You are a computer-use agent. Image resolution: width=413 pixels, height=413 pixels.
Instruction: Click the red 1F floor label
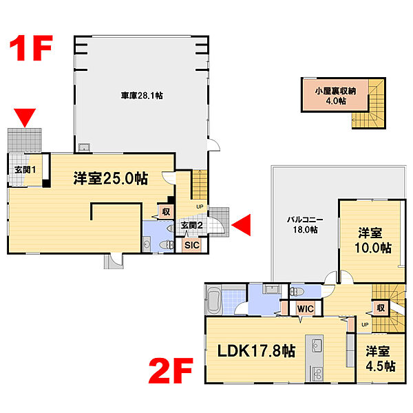click(x=31, y=48)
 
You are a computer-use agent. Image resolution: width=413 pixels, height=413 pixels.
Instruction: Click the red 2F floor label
click(x=171, y=370)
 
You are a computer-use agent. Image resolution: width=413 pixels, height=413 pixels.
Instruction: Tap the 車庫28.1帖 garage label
click(x=142, y=96)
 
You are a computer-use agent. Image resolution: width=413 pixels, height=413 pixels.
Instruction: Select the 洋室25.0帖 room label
click(x=111, y=178)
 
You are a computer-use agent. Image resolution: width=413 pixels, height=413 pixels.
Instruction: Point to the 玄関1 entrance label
click(x=25, y=170)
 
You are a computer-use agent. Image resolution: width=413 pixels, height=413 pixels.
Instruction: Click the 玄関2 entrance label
click(x=191, y=226)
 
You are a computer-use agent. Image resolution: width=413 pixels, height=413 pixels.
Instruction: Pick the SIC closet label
click(x=192, y=245)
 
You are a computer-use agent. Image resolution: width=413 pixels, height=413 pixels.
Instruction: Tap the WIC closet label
click(x=305, y=308)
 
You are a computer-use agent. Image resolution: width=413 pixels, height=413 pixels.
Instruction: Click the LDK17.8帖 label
click(x=256, y=350)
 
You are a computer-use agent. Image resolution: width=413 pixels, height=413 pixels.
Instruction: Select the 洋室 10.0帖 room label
click(x=372, y=240)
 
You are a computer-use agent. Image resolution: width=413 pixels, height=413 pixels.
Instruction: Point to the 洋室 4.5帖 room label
click(x=381, y=359)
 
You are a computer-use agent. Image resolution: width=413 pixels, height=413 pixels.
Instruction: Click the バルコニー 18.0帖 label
click(x=305, y=224)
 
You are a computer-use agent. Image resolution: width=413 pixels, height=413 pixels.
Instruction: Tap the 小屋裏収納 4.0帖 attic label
click(x=336, y=96)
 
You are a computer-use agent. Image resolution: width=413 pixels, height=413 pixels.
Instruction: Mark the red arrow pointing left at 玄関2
click(x=241, y=224)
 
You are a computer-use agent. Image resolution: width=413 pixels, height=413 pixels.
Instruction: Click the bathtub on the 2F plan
click(x=214, y=300)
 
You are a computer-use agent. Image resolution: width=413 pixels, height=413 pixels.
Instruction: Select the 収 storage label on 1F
click(x=166, y=211)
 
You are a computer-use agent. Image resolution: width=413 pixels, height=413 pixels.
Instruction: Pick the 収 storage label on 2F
click(x=381, y=308)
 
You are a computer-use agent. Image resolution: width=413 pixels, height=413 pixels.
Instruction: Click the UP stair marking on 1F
click(x=200, y=206)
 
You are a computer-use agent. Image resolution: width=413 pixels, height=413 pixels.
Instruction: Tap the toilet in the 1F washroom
click(x=167, y=244)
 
